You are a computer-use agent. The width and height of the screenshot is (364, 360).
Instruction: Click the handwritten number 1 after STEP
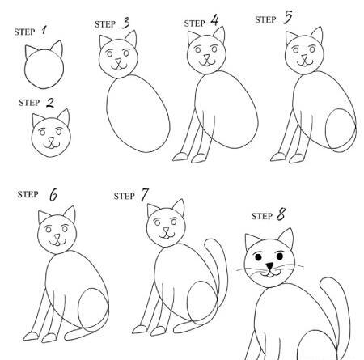click(x=44, y=30)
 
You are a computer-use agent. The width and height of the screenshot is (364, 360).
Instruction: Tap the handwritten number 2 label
click(x=50, y=103)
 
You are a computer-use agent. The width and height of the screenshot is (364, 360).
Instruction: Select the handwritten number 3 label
click(x=125, y=23)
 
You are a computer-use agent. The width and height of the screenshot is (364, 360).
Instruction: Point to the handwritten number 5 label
click(x=288, y=17)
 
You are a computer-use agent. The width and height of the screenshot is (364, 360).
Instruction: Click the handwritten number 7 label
click(x=145, y=194)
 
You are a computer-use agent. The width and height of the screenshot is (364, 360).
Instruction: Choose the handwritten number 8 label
click(x=281, y=214)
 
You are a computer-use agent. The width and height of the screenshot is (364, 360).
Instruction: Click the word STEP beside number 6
click(x=28, y=194)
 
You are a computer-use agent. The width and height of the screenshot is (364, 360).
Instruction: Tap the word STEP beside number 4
click(x=194, y=23)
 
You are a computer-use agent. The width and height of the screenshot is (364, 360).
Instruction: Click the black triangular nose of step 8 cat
click(x=269, y=266)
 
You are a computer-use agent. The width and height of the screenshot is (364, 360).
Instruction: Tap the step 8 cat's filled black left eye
click(x=258, y=257)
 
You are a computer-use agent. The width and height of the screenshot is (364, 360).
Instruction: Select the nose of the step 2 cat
click(x=51, y=141)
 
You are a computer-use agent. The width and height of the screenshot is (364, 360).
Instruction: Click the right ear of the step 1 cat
click(x=57, y=49)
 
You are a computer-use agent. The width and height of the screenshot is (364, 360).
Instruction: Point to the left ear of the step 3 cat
click(x=104, y=41)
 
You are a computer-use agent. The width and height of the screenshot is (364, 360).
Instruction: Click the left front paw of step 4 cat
click(x=180, y=157)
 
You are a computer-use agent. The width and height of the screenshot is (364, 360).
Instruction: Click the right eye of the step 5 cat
click(x=312, y=49)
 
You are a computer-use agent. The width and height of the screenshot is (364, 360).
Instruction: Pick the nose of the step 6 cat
click(x=57, y=237)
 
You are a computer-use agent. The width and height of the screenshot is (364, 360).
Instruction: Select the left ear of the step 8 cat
click(x=252, y=241)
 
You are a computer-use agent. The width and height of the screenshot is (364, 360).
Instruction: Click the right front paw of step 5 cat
click(x=297, y=159)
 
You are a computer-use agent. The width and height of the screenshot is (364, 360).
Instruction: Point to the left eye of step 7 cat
click(x=157, y=222)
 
